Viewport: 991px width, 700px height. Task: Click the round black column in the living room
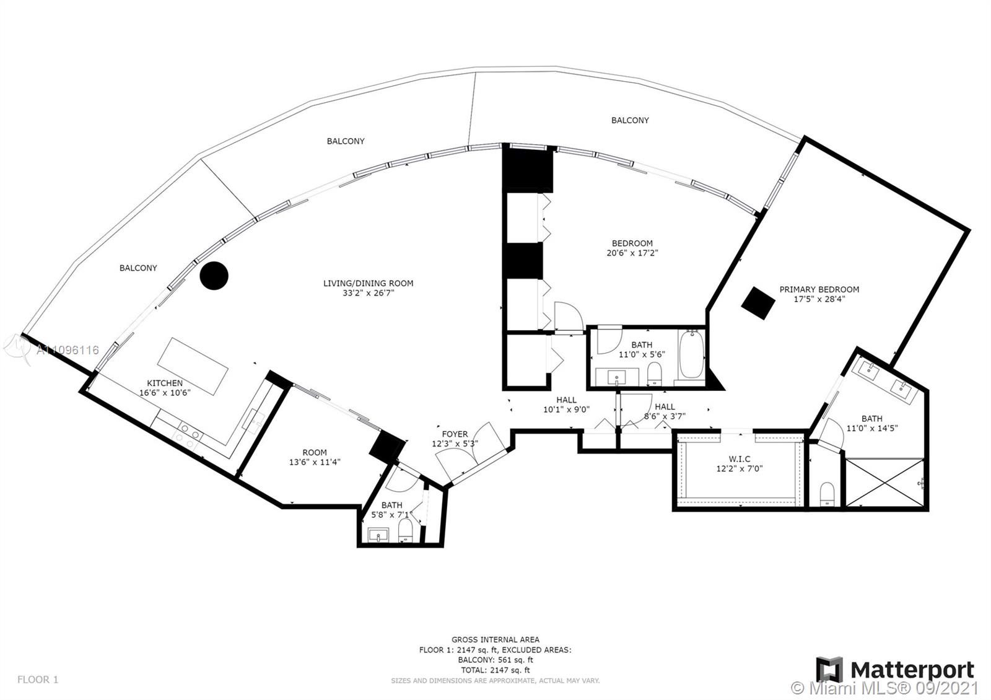[x=214, y=275]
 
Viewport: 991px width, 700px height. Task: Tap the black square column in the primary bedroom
[x=759, y=302]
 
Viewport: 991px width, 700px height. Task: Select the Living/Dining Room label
[x=368, y=284]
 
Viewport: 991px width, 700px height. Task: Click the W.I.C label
[x=739, y=459]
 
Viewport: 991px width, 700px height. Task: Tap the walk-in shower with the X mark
[x=884, y=483]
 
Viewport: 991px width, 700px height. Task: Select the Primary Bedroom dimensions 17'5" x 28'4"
[x=819, y=299]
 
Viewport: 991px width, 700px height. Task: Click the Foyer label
[x=455, y=434]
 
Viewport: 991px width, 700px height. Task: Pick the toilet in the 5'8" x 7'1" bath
[x=406, y=530]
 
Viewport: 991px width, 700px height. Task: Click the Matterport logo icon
[x=829, y=670]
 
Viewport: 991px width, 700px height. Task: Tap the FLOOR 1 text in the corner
[x=38, y=680]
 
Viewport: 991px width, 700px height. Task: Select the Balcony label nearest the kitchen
[x=138, y=268]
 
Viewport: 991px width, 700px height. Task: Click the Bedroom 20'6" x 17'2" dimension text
[x=632, y=253]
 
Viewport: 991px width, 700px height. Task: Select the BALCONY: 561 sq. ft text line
[x=495, y=660]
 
